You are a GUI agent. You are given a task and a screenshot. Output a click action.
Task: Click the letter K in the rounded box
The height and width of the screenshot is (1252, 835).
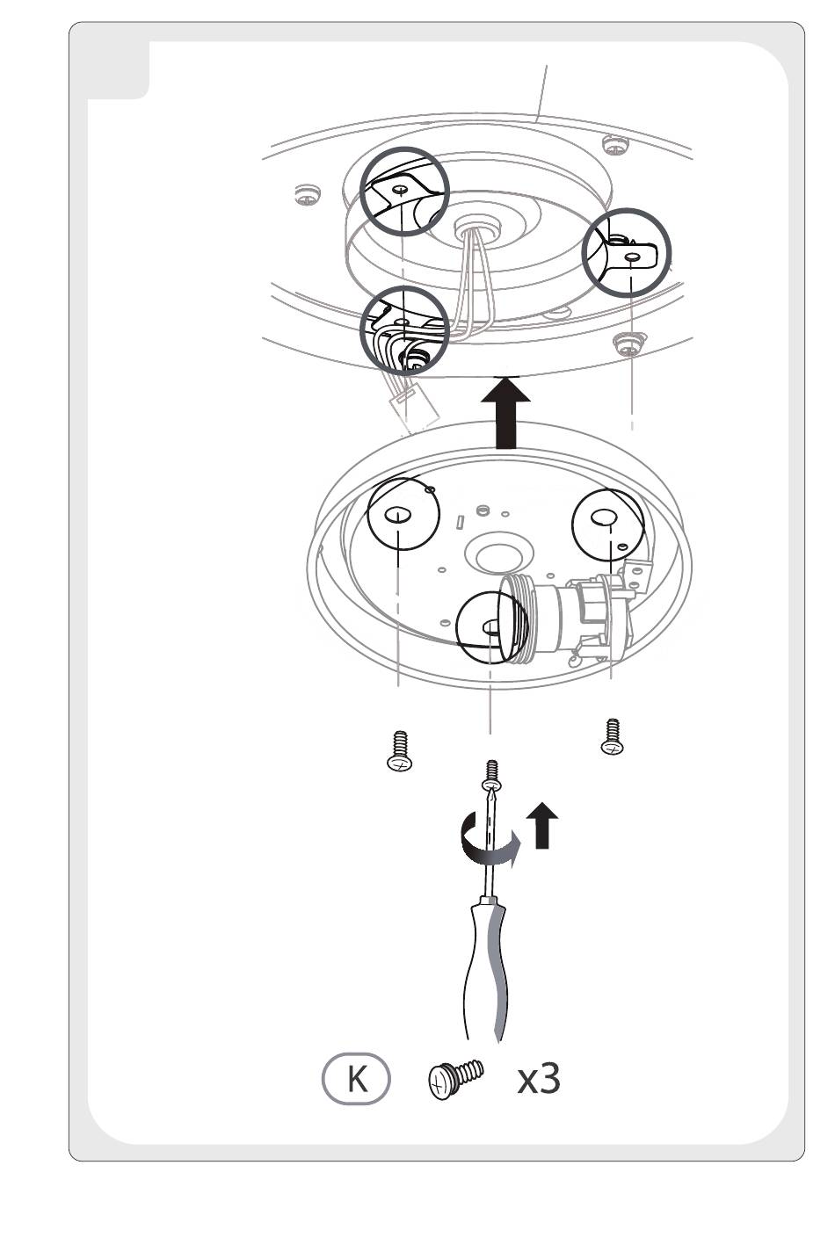coord(356,1078)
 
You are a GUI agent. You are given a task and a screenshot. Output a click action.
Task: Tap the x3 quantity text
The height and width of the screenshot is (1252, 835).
coord(538,1078)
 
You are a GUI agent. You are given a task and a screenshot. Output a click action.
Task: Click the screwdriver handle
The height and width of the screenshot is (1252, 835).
coord(486,966)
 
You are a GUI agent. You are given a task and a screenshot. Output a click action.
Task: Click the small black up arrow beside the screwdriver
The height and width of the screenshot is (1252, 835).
coord(541,825)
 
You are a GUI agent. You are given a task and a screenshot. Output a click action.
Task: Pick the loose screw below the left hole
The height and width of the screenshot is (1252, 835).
coord(400,751)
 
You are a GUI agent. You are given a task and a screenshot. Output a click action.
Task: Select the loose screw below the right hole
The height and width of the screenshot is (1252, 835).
coord(613,737)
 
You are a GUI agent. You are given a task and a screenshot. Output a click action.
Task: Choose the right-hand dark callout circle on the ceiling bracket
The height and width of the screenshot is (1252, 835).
coord(627,253)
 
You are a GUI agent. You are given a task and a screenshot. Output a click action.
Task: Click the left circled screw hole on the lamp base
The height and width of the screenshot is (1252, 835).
coord(399,514)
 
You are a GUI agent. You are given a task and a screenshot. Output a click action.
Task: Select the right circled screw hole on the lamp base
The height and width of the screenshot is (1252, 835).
coord(607,523)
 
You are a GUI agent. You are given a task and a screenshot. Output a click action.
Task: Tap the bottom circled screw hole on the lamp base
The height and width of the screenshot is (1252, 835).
coord(490,626)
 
